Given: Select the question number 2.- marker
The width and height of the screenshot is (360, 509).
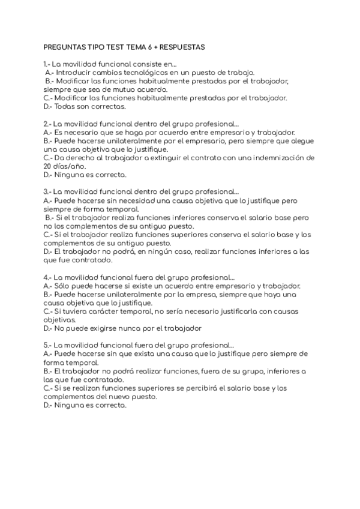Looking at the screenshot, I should (47, 124).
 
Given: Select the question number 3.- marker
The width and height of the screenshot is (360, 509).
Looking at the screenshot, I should (47, 192).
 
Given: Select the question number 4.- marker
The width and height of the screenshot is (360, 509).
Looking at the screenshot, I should (47, 277).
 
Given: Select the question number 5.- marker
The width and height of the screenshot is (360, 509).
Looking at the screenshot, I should (47, 346).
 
